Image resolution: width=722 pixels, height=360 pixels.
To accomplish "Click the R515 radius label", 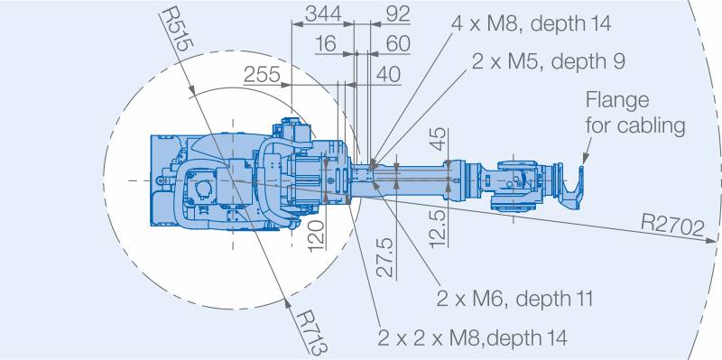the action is point(178,29).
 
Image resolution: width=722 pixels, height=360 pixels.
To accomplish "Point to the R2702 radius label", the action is point(672,226).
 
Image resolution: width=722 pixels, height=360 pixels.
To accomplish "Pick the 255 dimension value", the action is point(262,75).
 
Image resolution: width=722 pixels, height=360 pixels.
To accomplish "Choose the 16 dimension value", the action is point(326,44).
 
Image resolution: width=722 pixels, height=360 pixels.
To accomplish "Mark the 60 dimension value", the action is point(398,44).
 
